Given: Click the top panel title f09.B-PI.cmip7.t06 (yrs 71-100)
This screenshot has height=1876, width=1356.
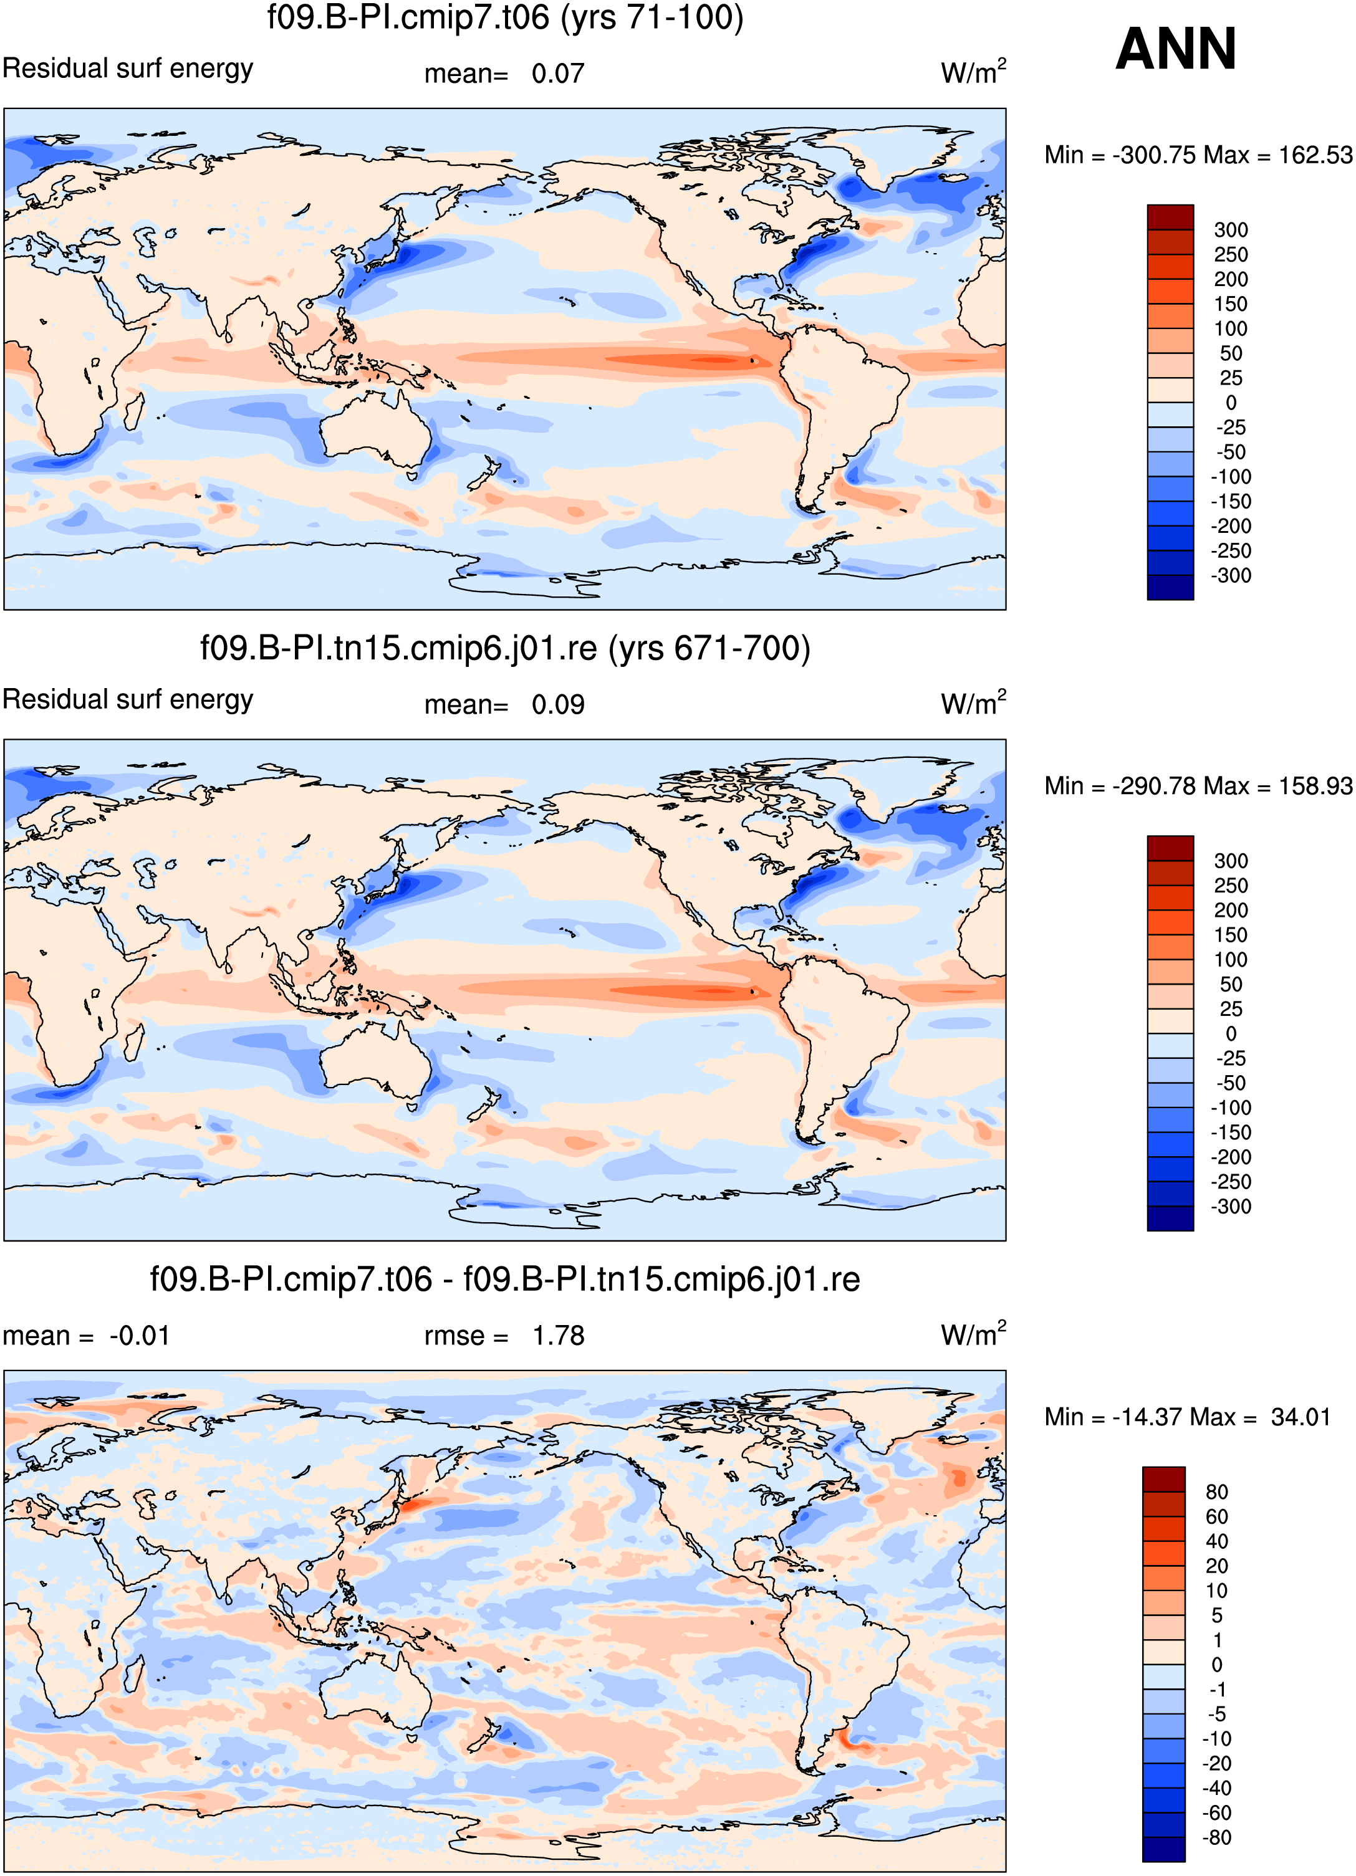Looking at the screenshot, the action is coord(504,17).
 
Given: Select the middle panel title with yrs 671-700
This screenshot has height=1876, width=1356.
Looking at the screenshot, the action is coord(504,648).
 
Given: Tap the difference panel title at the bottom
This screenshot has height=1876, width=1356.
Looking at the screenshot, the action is coord(504,1279).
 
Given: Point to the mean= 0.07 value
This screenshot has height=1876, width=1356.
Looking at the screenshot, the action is coord(504,74).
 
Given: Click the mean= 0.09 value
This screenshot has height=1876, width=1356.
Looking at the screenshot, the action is coord(504,705).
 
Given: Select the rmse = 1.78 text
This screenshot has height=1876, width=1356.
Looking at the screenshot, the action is coord(504,1336).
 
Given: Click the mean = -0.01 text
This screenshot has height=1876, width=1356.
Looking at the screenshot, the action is coord(86,1336).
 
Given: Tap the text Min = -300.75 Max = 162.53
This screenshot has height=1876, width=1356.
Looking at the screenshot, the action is coord(1198,155).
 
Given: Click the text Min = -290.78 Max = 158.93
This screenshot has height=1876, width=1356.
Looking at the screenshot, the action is coord(1198,786).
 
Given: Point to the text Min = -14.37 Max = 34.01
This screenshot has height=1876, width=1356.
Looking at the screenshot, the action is coord(1187,1417).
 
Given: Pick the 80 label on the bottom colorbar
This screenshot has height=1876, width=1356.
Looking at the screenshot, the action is coord(1217,1492).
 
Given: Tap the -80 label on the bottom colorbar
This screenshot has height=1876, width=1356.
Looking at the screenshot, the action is coord(1217,1838).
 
